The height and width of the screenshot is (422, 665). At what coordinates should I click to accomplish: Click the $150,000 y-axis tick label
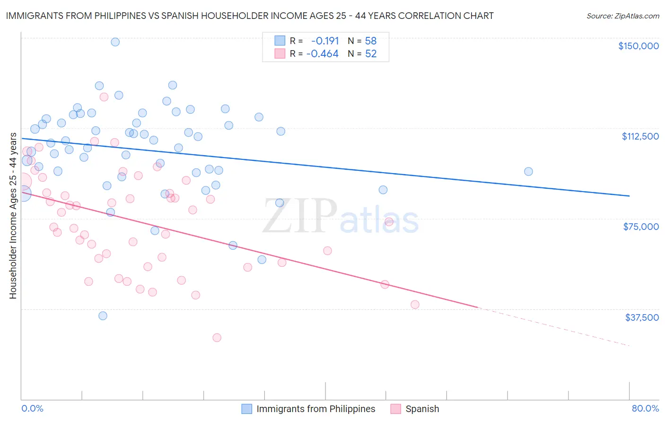coord(638,46)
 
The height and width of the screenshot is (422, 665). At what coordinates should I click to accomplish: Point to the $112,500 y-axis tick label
coord(640,136)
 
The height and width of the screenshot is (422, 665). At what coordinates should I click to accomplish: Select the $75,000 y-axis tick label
coord(641,227)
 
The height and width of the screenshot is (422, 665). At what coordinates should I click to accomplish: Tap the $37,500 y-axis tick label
coord(641,317)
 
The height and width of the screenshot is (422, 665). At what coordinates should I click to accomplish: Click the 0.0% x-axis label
coord(32,408)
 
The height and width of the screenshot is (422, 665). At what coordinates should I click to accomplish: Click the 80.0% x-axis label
coord(645,408)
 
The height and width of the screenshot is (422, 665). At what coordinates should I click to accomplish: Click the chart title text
coord(249,16)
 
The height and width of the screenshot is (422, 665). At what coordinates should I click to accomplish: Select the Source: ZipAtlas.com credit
coord(622,16)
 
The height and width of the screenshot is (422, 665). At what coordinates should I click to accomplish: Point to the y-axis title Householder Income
coord(13,216)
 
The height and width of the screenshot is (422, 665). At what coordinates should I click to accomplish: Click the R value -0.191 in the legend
coord(325,41)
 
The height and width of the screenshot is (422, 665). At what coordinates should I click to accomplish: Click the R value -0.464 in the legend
coord(323,54)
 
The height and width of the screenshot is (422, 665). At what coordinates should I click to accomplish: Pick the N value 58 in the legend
coord(371,41)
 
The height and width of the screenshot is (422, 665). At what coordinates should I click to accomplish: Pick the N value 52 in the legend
coord(371,54)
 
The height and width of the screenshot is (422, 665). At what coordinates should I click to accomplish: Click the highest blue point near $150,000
coord(115,42)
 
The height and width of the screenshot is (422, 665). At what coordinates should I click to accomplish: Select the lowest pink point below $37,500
coord(217,337)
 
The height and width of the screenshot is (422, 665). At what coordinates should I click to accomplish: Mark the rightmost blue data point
coord(528,171)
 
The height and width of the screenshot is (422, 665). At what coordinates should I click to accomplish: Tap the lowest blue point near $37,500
coord(103,316)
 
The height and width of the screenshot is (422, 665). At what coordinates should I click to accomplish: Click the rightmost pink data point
coord(415,305)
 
